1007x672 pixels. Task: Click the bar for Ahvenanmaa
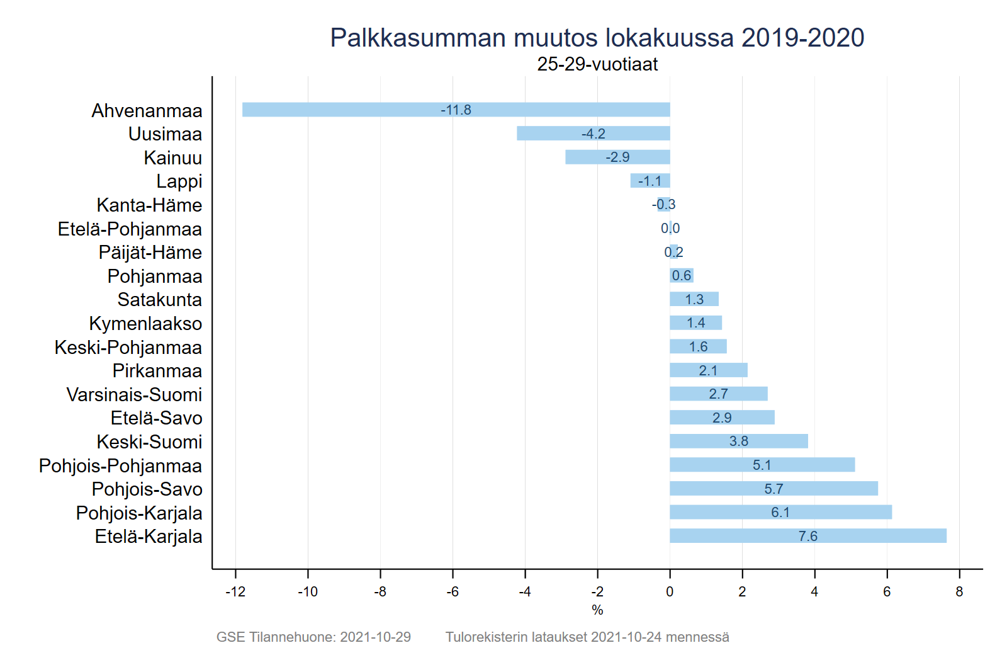pyautogui.click(x=378, y=110)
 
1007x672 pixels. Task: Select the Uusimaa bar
pyautogui.click(x=554, y=134)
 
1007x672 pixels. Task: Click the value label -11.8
pyautogui.click(x=456, y=110)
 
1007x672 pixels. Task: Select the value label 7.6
pyautogui.click(x=807, y=536)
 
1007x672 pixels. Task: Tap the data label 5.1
pyautogui.click(x=762, y=465)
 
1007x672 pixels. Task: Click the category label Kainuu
pyautogui.click(x=172, y=157)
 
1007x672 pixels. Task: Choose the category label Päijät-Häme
pyautogui.click(x=150, y=253)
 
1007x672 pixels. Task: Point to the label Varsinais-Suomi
pyautogui.click(x=134, y=394)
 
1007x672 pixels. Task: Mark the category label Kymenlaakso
pyautogui.click(x=145, y=324)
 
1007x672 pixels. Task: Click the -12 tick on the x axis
pyautogui.click(x=235, y=591)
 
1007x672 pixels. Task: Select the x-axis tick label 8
pyautogui.click(x=959, y=591)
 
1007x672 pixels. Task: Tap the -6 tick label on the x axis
pyautogui.click(x=453, y=591)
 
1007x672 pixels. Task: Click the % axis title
pyautogui.click(x=597, y=610)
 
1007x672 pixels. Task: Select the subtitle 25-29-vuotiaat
pyautogui.click(x=597, y=64)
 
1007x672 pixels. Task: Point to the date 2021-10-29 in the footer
pyautogui.click(x=375, y=637)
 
